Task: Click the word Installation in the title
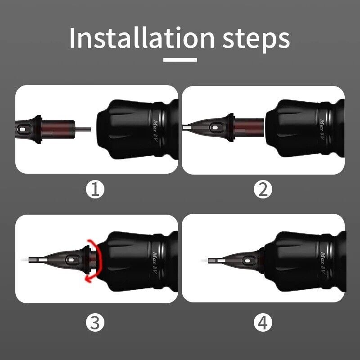[142, 37]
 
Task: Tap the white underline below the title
[180, 60]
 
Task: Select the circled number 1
[95, 189]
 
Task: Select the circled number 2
[263, 189]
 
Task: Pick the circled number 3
[95, 322]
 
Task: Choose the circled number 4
[263, 322]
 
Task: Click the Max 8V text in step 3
[156, 263]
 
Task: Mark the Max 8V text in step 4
[323, 263]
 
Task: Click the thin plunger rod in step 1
[83, 130]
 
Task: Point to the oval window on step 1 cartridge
[22, 130]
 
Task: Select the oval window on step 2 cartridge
[215, 127]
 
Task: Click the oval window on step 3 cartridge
[71, 260]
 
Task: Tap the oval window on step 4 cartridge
[247, 261]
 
